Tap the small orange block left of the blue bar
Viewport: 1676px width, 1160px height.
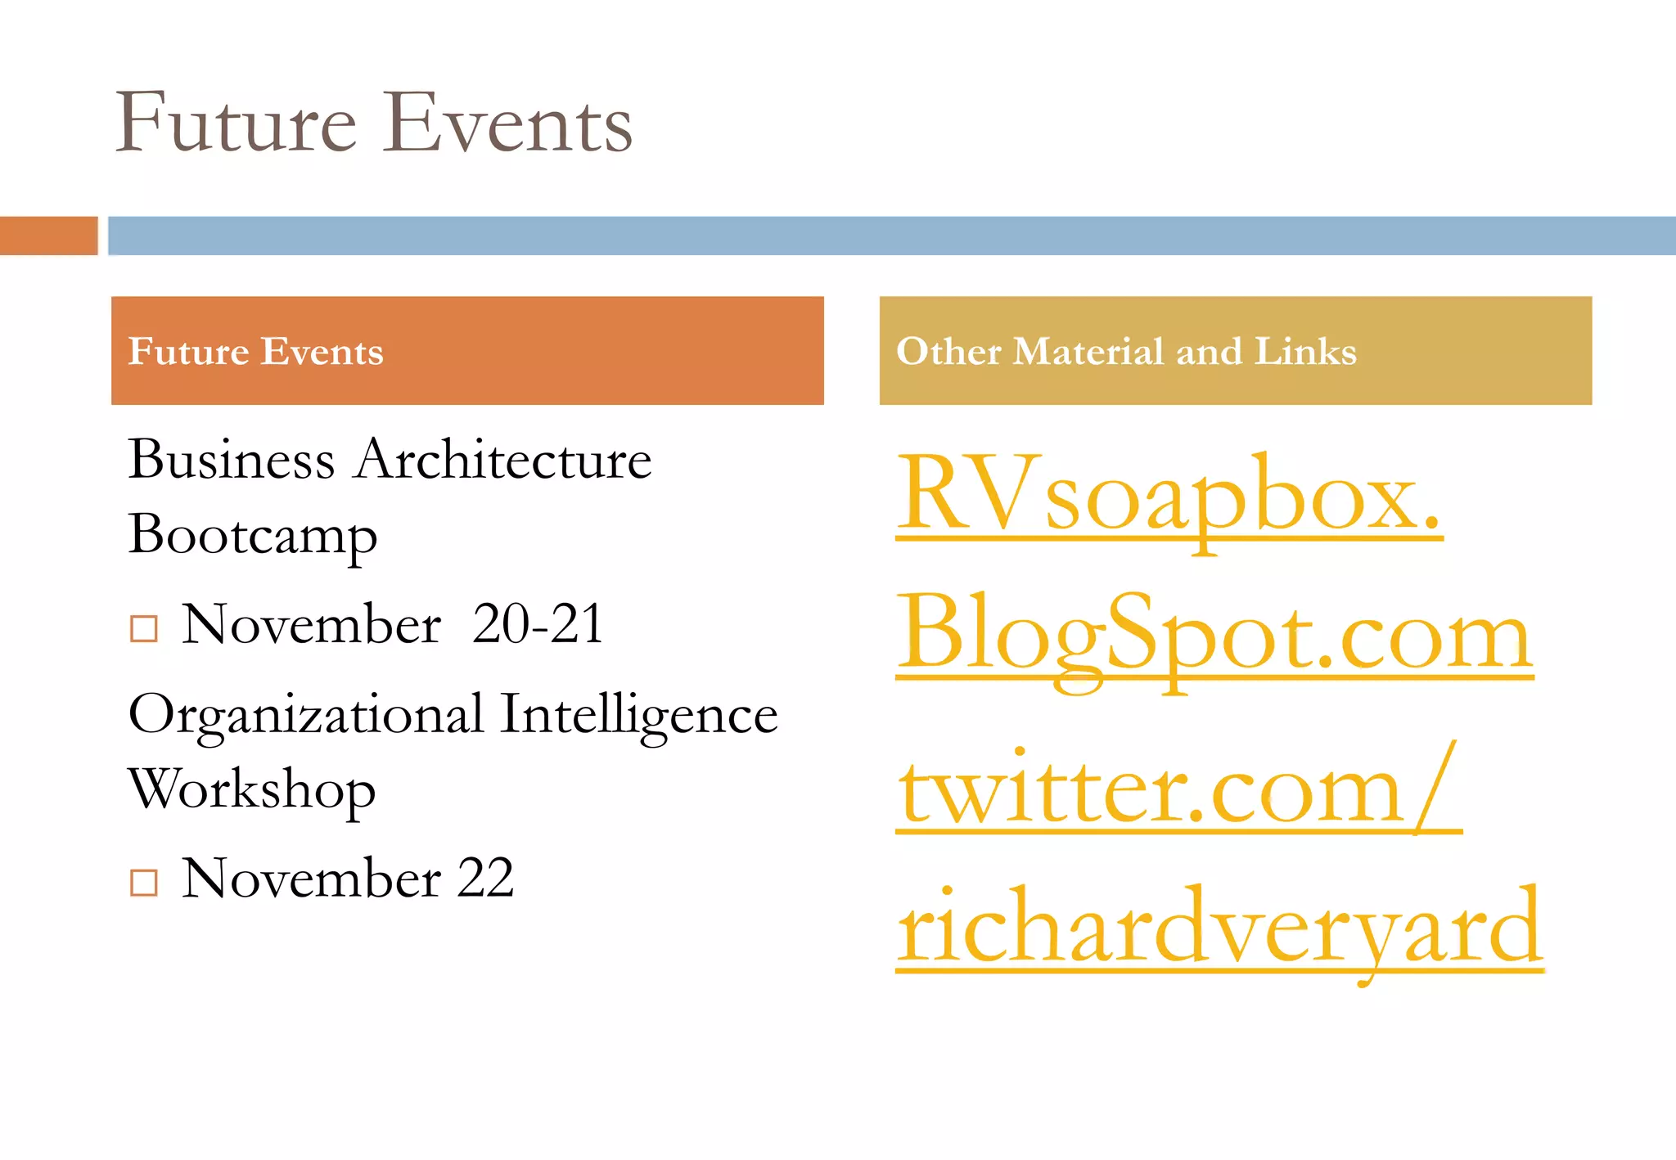point(48,236)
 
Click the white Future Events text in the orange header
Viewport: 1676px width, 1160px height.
point(255,352)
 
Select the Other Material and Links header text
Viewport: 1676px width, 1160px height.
point(1126,352)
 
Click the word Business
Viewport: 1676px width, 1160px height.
point(232,460)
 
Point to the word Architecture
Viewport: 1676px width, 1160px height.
point(504,460)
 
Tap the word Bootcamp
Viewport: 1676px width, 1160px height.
point(253,536)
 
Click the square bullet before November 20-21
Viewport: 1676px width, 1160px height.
point(144,628)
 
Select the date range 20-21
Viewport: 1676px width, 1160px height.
point(538,625)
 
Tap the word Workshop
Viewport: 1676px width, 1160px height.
point(252,790)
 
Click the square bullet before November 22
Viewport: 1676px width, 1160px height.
point(144,883)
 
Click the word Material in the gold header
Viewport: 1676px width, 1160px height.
point(1088,352)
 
